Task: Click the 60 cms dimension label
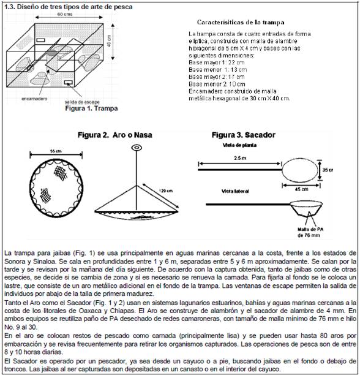click(65, 14)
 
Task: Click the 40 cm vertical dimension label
click(109, 41)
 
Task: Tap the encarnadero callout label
click(34, 99)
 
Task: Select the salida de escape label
click(82, 102)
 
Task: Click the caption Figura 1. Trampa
click(91, 108)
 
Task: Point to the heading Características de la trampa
click(241, 22)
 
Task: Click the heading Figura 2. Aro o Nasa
click(115, 135)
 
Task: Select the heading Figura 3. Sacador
click(244, 135)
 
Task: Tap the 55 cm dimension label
click(56, 151)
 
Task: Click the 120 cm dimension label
click(165, 191)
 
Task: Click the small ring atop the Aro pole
click(137, 148)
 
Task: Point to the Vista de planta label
click(239, 145)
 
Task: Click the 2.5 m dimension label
click(240, 158)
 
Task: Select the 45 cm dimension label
click(301, 189)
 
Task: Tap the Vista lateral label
click(235, 191)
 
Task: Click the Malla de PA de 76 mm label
click(309, 232)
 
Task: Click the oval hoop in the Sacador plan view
click(282, 170)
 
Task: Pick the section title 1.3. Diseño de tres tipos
click(69, 7)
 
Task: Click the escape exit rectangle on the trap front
click(69, 83)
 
